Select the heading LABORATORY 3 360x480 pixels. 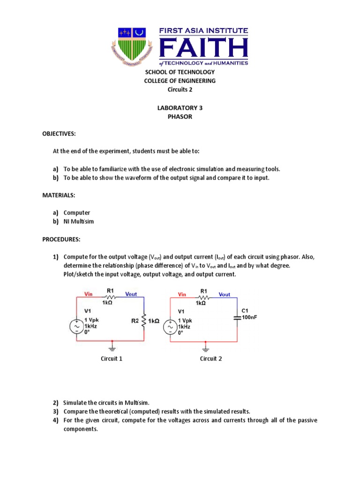180,108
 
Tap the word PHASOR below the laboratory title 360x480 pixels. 180,117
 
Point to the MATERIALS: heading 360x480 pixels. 58,195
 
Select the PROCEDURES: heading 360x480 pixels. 61,239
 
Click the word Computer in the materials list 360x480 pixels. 76,213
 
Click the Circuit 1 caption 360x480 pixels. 112,359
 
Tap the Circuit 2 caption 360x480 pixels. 211,359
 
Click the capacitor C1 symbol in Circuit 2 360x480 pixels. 237,317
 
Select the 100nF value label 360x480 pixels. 249,317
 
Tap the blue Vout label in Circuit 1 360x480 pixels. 131,294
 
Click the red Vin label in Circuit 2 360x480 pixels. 182,294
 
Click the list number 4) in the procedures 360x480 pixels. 55,420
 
